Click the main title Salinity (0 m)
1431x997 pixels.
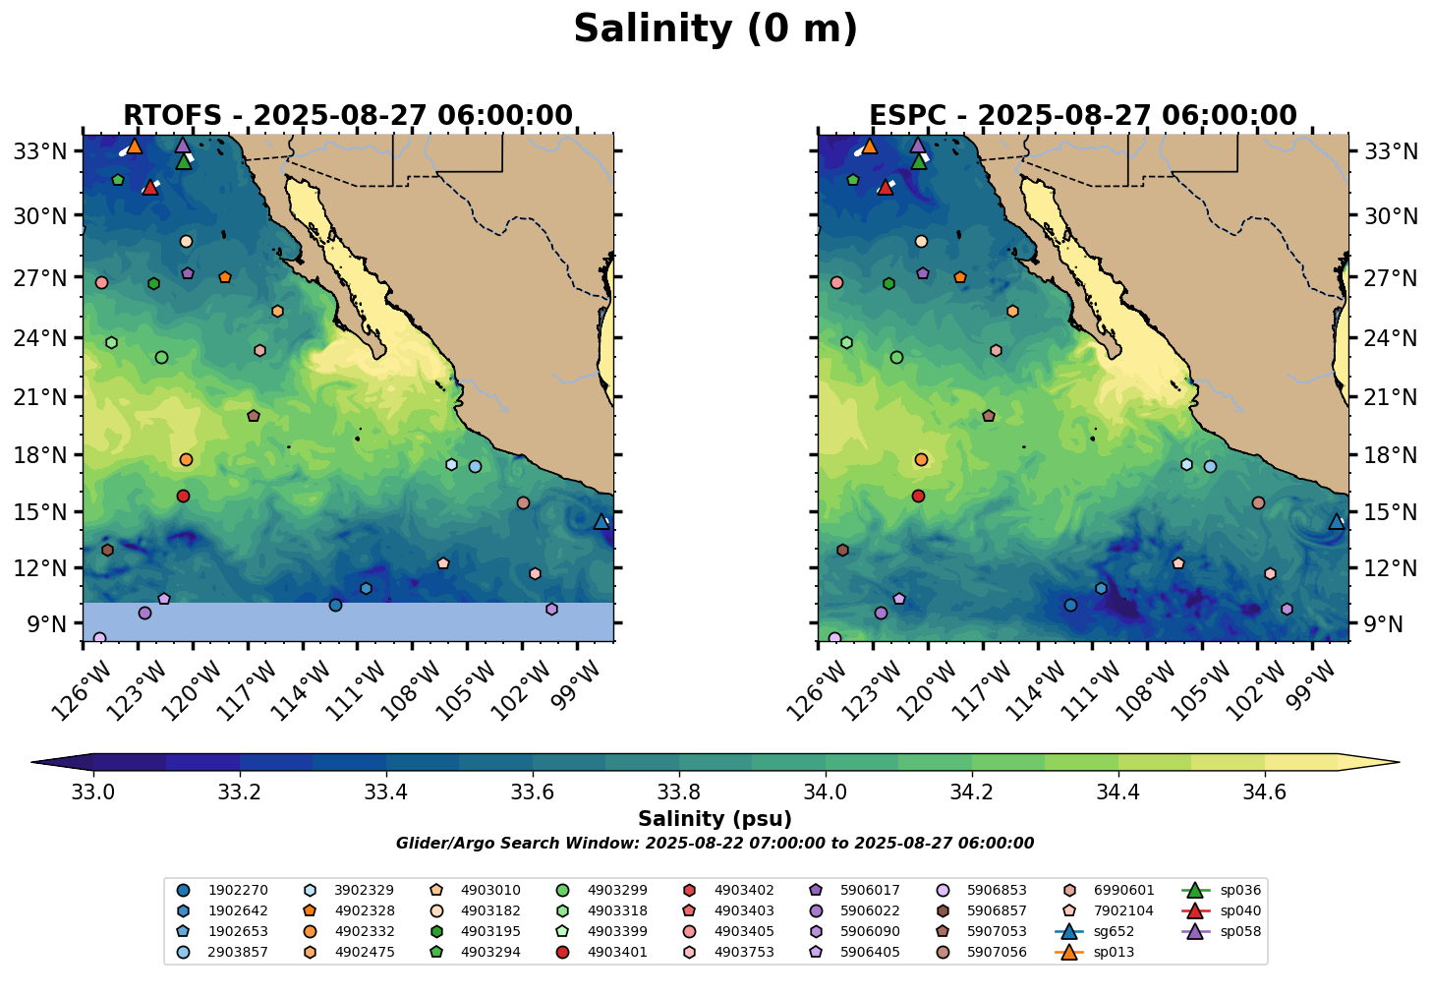coord(715,29)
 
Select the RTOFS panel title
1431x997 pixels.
coord(348,116)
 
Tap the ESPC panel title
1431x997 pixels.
coord(1083,116)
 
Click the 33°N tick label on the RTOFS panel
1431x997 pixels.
coord(41,151)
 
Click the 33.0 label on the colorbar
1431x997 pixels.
coord(93,792)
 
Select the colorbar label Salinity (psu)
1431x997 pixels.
coord(715,819)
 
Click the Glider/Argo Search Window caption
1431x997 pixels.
coord(715,844)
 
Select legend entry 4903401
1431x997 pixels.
coord(617,952)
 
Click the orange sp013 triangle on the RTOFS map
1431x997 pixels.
coord(135,147)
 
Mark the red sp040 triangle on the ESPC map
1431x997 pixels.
coord(885,187)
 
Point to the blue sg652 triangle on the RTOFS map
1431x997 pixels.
coord(601,522)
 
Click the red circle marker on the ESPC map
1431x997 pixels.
coord(918,497)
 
